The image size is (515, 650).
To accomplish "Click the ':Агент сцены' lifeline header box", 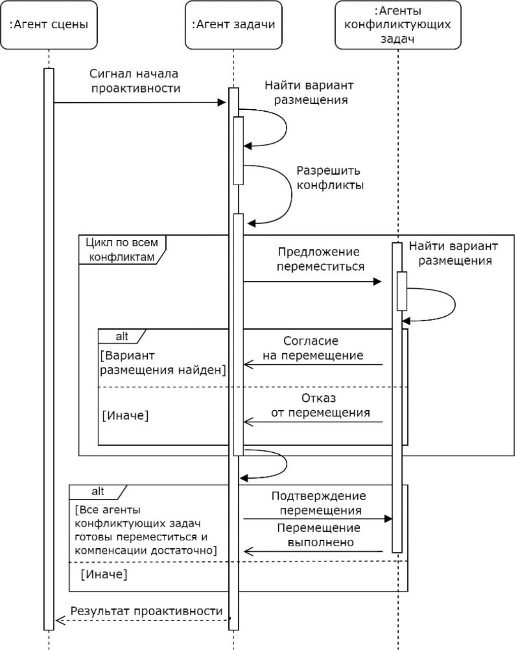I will click(49, 24).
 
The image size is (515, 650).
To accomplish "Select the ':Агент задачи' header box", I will click(233, 24).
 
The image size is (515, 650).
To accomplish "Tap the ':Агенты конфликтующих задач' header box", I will click(398, 24).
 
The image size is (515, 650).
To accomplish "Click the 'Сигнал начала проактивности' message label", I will click(134, 81).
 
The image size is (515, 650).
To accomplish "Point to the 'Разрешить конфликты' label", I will click(330, 178).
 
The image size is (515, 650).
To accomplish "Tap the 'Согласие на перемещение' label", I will click(312, 348).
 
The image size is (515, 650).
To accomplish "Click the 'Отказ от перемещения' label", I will click(320, 405).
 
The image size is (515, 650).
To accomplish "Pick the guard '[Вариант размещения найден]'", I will click(162, 363).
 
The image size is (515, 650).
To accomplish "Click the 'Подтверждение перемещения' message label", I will click(319, 503).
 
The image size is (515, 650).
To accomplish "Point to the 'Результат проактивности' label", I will click(146, 611).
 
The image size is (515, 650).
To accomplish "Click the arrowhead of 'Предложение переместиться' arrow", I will click(377, 281).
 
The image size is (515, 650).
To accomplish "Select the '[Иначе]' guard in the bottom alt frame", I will click(104, 575).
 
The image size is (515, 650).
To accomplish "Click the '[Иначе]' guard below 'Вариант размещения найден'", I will click(125, 416).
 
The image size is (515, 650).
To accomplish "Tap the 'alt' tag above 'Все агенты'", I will click(98, 491).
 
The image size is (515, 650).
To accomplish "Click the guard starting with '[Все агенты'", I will click(145, 530).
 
